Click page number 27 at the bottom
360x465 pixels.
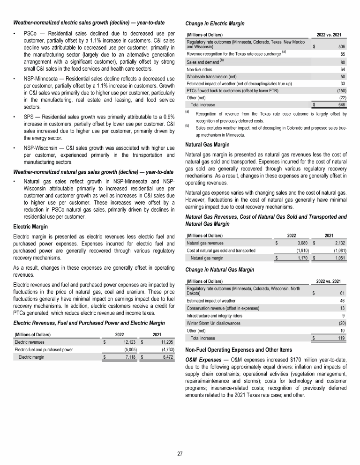coord(180,454)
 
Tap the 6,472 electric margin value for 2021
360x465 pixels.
coord(166,357)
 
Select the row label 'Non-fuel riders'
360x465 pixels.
coord(200,69)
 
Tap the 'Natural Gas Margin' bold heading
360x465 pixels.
coord(208,145)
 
